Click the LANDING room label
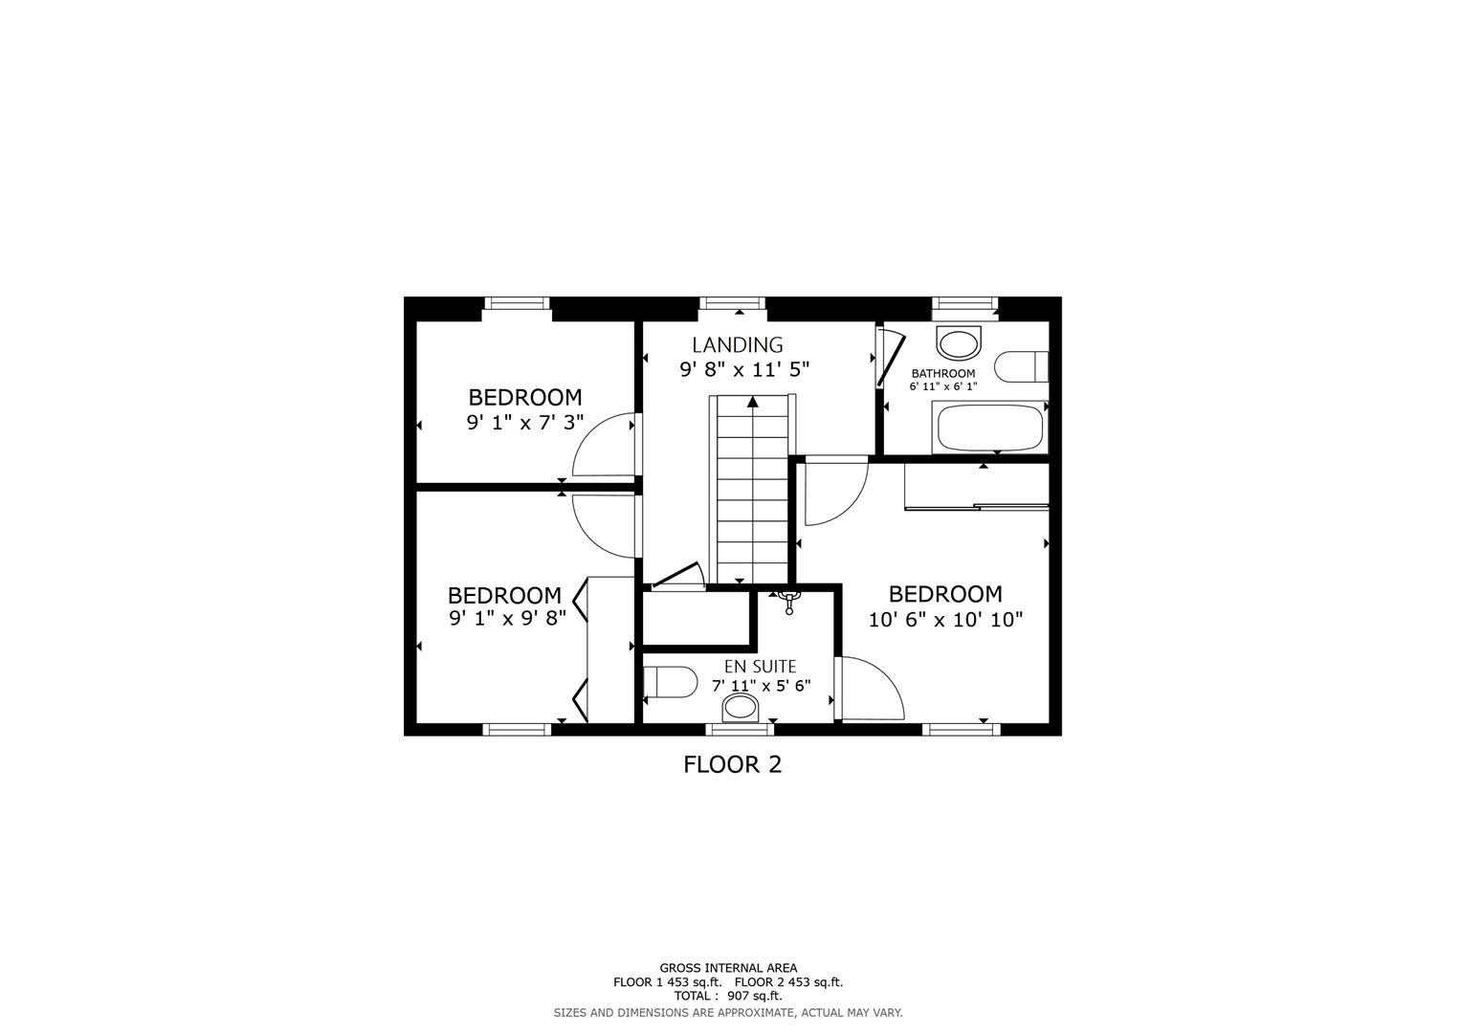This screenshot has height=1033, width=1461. tap(737, 344)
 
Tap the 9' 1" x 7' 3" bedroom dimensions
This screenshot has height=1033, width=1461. tap(524, 422)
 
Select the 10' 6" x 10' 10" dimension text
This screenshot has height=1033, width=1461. tap(945, 619)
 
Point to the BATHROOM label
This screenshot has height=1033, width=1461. tap(942, 373)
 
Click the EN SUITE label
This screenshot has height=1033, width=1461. tap(760, 666)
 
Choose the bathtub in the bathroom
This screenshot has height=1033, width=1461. tap(989, 428)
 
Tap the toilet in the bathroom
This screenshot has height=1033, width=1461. tap(1021, 366)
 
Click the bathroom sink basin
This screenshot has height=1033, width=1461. tap(959, 342)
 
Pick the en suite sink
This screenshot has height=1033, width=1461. tap(740, 708)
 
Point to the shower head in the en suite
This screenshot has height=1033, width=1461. tap(789, 600)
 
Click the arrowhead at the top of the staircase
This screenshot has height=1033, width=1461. tap(753, 402)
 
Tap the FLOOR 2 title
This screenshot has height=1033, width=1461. tap(732, 764)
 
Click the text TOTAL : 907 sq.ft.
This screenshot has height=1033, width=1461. tap(727, 996)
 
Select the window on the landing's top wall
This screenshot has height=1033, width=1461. tap(733, 303)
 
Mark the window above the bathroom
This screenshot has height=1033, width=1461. tap(964, 303)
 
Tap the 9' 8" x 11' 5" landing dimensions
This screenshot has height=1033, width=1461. tap(744, 370)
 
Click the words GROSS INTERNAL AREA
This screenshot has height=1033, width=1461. tap(727, 968)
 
